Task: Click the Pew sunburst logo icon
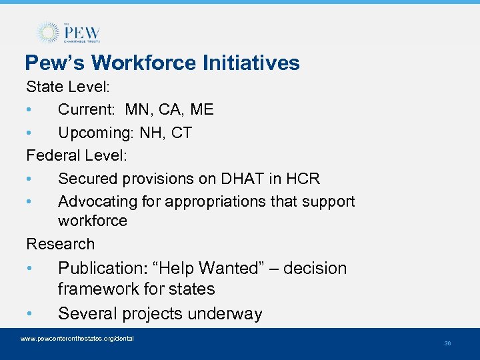click(48, 33)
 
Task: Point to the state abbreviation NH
click(152, 133)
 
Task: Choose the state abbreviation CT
click(181, 133)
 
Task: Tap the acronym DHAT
click(252, 179)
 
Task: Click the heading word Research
click(60, 244)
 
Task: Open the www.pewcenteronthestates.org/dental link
click(77, 339)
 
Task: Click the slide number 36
click(447, 343)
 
